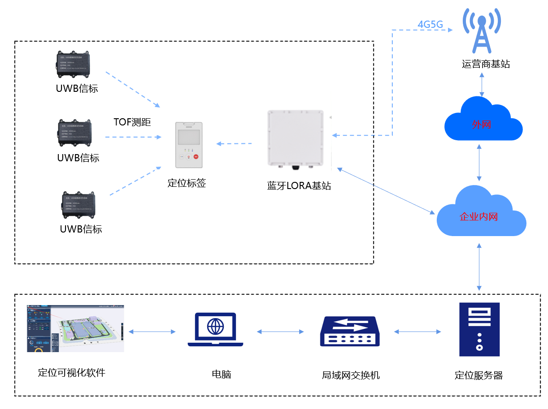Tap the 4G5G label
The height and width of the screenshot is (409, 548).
(430, 25)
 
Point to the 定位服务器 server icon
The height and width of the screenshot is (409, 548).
(479, 329)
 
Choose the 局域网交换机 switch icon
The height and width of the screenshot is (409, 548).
(350, 332)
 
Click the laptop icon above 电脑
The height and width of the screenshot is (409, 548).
(215, 330)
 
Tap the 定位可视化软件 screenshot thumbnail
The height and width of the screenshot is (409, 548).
(75, 328)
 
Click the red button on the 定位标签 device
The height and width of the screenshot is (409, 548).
(196, 157)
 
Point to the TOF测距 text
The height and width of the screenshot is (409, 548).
(132, 122)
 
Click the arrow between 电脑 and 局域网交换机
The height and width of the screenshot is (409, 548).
(280, 332)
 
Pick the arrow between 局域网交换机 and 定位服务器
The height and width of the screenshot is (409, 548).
(418, 332)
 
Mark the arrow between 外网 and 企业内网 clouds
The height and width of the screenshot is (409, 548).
(480, 162)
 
